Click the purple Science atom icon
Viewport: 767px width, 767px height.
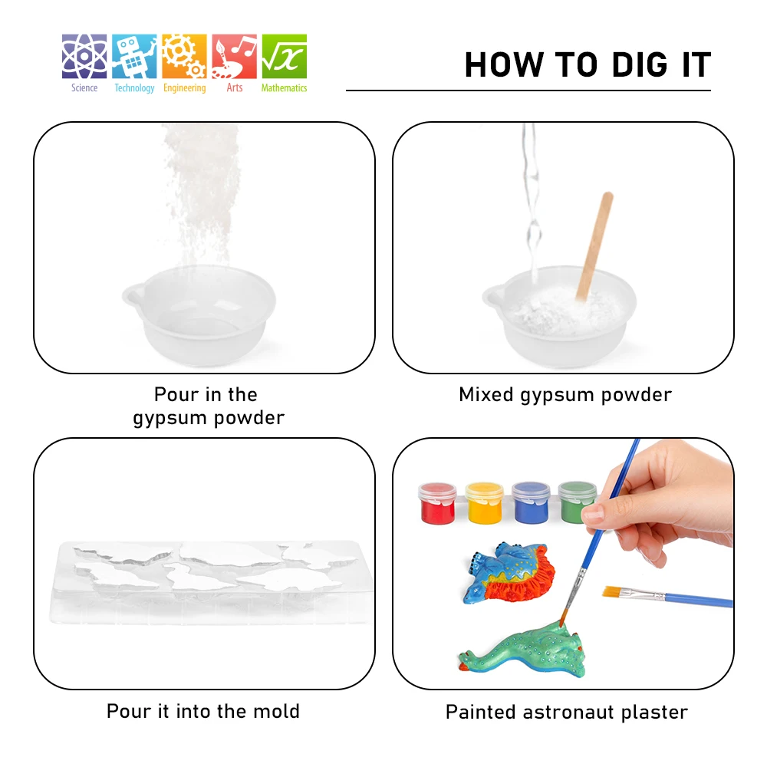click(84, 56)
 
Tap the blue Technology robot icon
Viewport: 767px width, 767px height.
click(134, 56)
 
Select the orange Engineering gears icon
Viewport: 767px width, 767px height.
click(184, 56)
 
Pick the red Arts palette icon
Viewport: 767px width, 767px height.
click(234, 56)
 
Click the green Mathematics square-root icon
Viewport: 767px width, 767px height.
click(285, 56)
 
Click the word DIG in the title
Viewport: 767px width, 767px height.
click(640, 64)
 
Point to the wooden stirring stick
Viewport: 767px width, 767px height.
click(594, 246)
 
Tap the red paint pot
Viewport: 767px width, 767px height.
click(437, 503)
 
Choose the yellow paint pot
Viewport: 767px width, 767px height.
click(484, 503)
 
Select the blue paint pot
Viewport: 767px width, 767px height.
click(531, 503)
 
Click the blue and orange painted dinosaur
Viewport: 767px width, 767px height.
click(508, 572)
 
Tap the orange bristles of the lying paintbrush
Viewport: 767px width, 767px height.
click(612, 591)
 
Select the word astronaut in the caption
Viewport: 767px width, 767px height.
click(568, 713)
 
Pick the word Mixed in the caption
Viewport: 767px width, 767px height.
click(486, 394)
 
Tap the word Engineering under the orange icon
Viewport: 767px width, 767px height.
click(184, 88)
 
